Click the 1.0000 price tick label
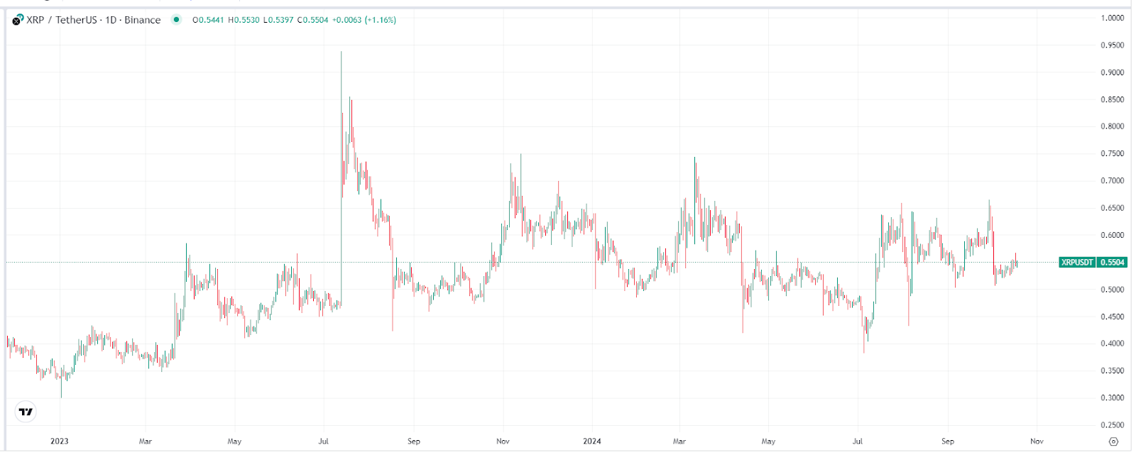(1112, 18)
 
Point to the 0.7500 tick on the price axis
(1112, 153)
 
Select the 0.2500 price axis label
(1112, 425)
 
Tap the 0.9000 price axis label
(1112, 72)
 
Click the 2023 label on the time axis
(60, 442)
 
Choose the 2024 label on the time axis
(591, 442)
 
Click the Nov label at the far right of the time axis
(1037, 442)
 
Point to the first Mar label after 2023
(146, 442)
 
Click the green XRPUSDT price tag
(1076, 263)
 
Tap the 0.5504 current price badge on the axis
(1113, 263)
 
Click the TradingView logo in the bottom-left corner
(26, 412)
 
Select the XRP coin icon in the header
(18, 20)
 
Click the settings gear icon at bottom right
(1113, 442)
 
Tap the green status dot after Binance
(176, 20)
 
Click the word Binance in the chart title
(142, 20)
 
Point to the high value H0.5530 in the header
(244, 20)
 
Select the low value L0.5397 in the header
(278, 20)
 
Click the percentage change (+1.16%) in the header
(381, 20)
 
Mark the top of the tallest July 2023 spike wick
(342, 52)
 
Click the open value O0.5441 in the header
(208, 20)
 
